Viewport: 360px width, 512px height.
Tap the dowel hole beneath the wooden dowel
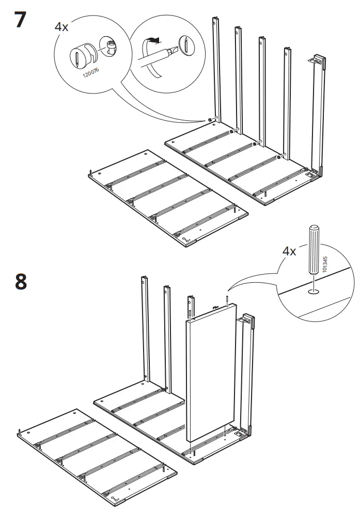pos(314,292)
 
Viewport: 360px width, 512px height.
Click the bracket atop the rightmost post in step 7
pos(318,61)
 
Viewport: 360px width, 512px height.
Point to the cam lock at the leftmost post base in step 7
pos(211,119)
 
